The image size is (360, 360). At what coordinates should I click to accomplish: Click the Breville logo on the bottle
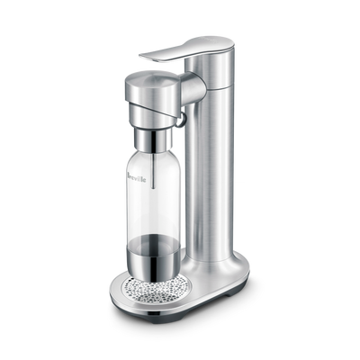point(137,177)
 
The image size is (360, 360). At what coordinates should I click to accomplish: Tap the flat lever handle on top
point(186,51)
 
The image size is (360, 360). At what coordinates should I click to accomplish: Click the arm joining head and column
point(193,89)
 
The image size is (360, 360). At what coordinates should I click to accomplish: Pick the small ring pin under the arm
point(180,121)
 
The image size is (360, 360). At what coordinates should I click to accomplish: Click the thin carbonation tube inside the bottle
point(154,170)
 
